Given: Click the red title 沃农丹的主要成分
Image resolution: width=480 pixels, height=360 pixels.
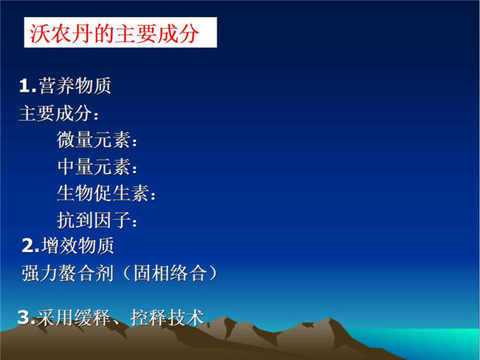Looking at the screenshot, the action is pyautogui.click(x=114, y=33).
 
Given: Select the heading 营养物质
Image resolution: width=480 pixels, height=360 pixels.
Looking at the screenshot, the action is pyautogui.click(x=75, y=86).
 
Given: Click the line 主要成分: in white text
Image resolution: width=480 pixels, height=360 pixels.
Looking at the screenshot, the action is pyautogui.click(x=59, y=113).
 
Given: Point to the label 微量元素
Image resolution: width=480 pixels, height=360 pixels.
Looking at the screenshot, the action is pyautogui.click(x=93, y=140).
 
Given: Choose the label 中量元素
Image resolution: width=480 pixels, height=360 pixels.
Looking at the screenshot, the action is pyautogui.click(x=93, y=166).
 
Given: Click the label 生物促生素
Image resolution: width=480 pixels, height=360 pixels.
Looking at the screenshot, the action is pyautogui.click(x=103, y=194).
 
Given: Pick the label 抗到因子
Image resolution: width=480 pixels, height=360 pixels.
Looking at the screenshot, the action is pyautogui.click(x=93, y=220).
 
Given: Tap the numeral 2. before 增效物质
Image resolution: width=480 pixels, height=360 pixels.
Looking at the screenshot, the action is pyautogui.click(x=30, y=245).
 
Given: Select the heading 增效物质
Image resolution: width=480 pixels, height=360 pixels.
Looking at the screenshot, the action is pyautogui.click(x=78, y=245).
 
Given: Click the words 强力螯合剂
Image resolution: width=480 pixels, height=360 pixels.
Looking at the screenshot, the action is pyautogui.click(x=68, y=273).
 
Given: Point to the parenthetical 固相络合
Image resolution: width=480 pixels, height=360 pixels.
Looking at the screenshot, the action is pyautogui.click(x=169, y=273).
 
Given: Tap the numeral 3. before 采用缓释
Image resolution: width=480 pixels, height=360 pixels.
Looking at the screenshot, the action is pyautogui.click(x=27, y=317).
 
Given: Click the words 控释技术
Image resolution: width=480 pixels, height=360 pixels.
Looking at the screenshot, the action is pyautogui.click(x=167, y=317).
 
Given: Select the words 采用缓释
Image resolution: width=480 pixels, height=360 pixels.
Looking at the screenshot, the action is pyautogui.click(x=73, y=317).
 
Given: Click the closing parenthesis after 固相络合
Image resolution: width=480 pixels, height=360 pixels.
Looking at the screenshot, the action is pyautogui.click(x=213, y=273).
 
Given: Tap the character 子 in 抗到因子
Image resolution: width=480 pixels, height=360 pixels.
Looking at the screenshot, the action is pyautogui.click(x=121, y=220).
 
